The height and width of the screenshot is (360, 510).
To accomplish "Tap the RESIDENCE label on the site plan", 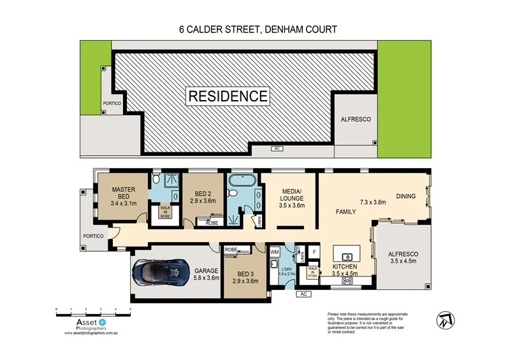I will [x=228, y=96].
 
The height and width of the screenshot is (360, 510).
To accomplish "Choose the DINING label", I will [x=406, y=196].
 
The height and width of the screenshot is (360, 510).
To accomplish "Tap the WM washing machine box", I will [x=275, y=253].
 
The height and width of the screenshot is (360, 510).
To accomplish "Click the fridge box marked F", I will [x=314, y=252].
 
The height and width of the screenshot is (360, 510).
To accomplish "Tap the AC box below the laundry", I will [x=303, y=294].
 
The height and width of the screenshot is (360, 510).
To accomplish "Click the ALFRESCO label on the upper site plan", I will [x=355, y=119].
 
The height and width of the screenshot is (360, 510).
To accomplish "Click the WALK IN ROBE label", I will [x=165, y=211].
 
